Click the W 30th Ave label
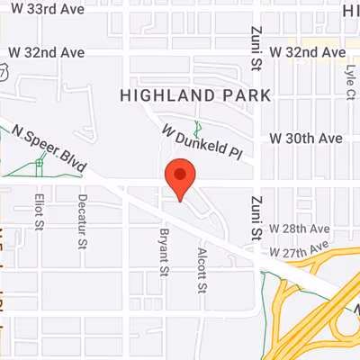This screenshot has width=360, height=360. point(307,139)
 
